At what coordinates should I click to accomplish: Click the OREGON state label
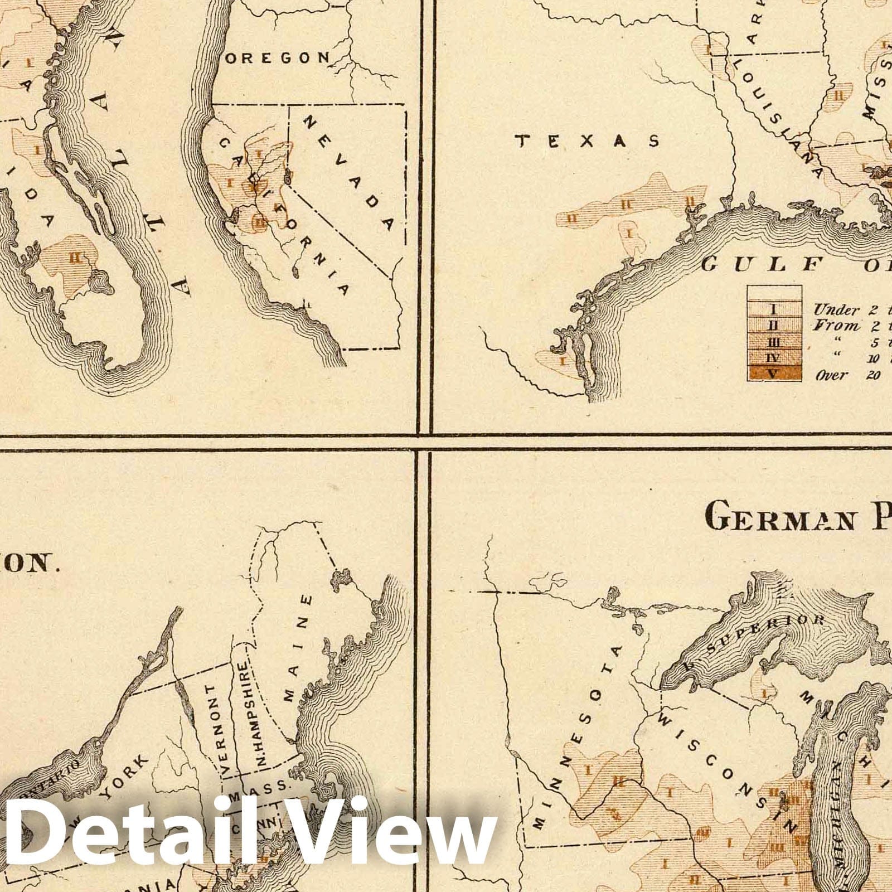pos(276,57)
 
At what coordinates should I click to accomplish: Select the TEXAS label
pos(588,141)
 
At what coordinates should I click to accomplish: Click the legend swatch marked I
pos(774,309)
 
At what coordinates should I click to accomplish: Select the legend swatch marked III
pos(774,342)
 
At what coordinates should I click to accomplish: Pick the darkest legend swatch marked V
pos(774,374)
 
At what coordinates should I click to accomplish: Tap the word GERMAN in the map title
pos(779,518)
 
